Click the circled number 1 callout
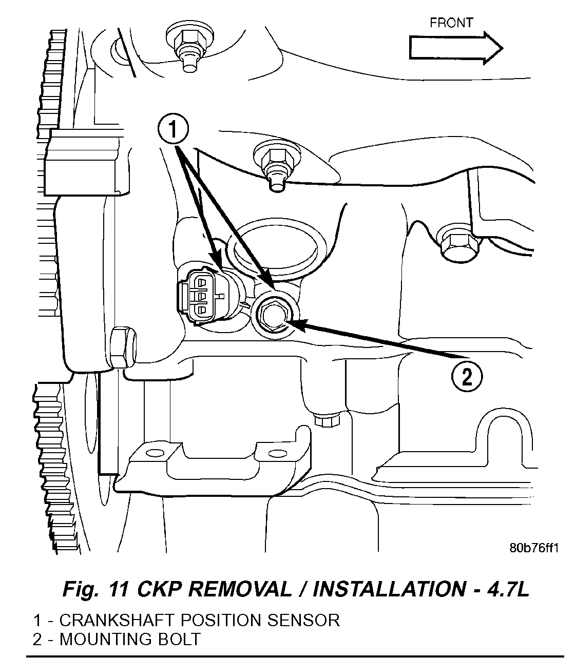[x=173, y=131]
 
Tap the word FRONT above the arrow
[x=451, y=23]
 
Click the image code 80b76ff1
[x=532, y=547]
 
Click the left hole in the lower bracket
[x=152, y=453]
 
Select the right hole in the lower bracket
[x=277, y=453]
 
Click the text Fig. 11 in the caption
[x=96, y=589]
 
